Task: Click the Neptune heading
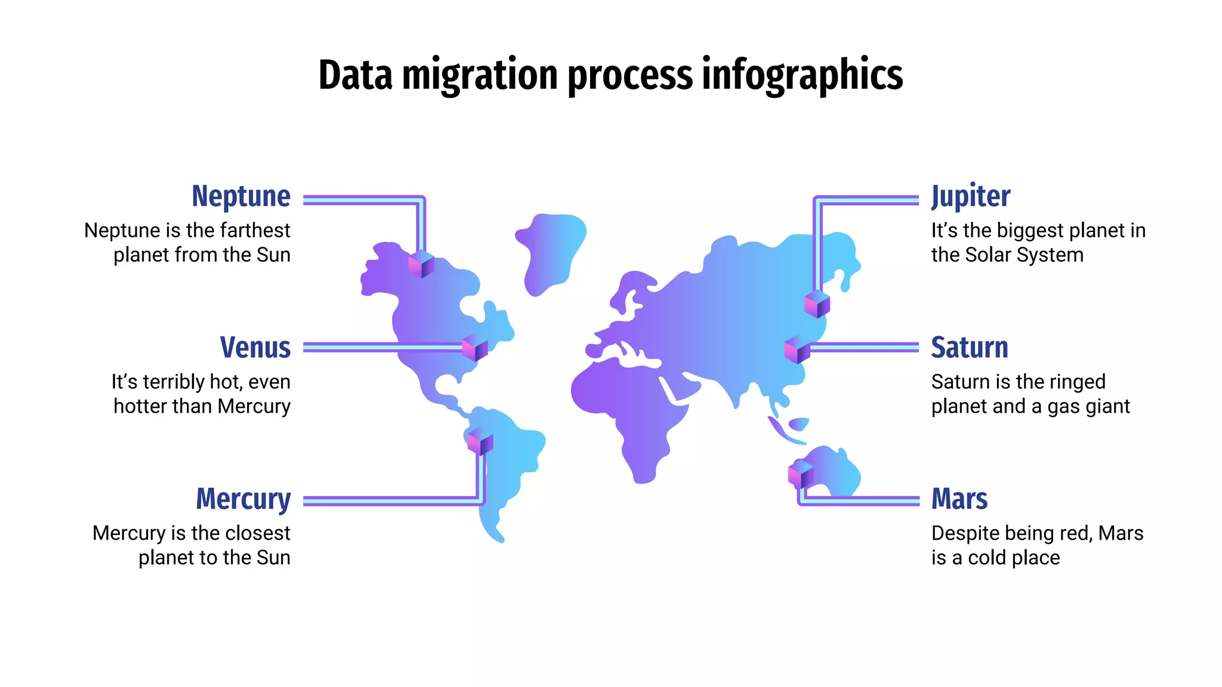(x=241, y=197)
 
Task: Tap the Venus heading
(x=255, y=348)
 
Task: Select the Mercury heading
(x=243, y=499)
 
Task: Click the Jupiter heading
(x=971, y=197)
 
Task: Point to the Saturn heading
(x=970, y=348)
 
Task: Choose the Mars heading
(x=959, y=499)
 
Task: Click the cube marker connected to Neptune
(x=421, y=264)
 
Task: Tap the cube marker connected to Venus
(x=475, y=348)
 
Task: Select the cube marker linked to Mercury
(x=480, y=442)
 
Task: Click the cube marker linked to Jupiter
(x=817, y=304)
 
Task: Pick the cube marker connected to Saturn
(x=797, y=349)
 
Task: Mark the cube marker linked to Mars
(x=801, y=474)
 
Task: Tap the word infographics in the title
(x=802, y=76)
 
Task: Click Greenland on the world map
(x=549, y=250)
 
